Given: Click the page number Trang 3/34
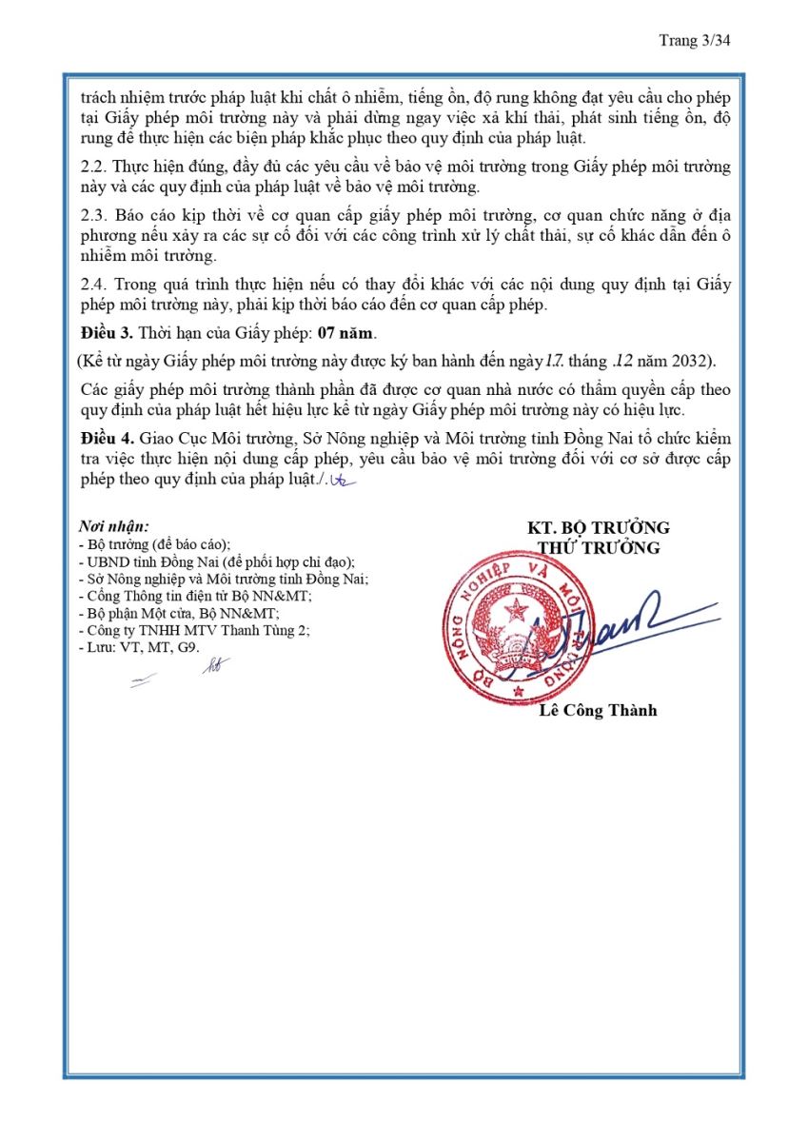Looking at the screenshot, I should [x=694, y=40].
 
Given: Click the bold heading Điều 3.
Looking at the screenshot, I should [x=106, y=334].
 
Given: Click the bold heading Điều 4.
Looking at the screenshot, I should [x=106, y=438].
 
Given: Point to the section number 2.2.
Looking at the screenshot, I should [x=93, y=167].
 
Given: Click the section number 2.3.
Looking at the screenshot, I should [x=93, y=215].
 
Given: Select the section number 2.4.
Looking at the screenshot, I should [x=93, y=285].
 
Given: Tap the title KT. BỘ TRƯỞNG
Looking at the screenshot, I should [x=599, y=528].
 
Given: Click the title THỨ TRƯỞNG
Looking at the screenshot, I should [x=599, y=548].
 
